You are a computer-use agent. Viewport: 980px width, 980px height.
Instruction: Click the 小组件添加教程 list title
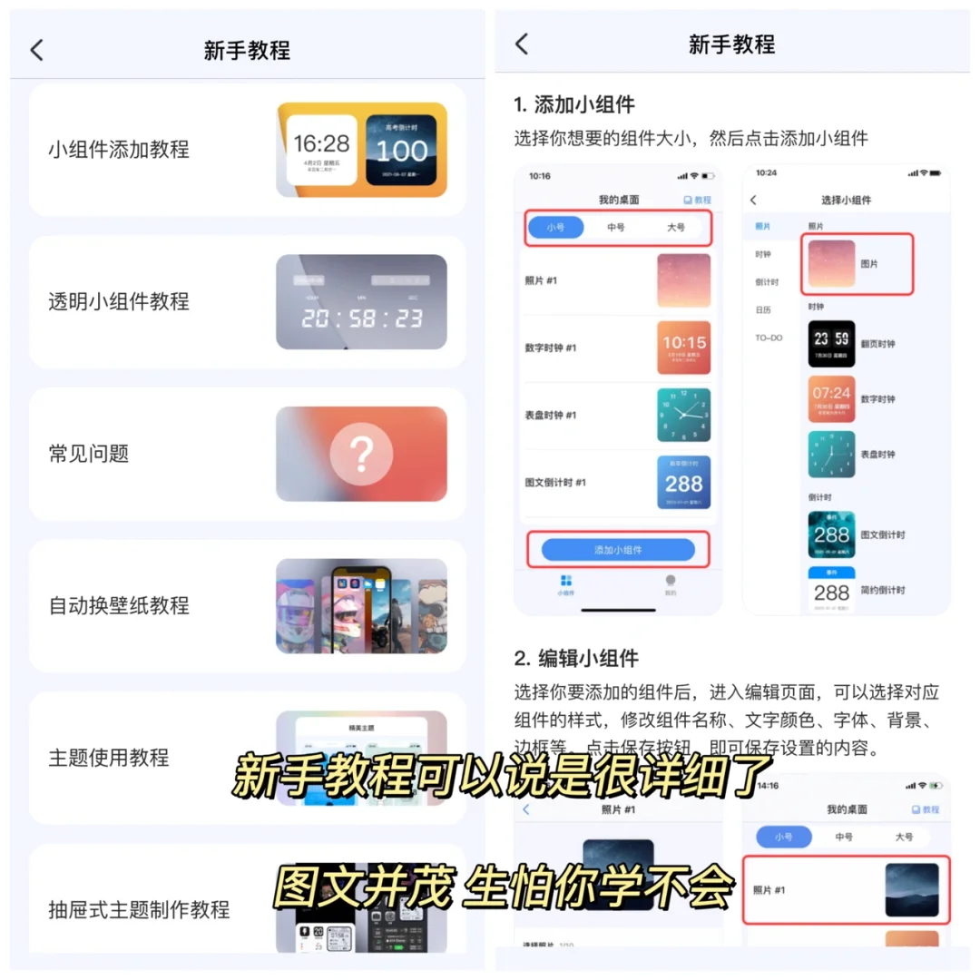(119, 150)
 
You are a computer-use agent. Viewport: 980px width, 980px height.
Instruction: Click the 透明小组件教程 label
(119, 301)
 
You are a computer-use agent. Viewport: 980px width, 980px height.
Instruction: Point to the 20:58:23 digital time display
(362, 318)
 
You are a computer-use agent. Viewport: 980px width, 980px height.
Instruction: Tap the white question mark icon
(361, 453)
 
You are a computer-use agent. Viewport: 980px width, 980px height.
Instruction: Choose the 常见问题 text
(89, 453)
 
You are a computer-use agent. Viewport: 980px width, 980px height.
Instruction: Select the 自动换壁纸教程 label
(119, 605)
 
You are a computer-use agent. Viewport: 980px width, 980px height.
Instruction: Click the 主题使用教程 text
(109, 757)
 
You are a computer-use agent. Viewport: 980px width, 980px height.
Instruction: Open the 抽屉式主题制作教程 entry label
(139, 909)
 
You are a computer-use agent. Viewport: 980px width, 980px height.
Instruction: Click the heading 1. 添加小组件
(574, 104)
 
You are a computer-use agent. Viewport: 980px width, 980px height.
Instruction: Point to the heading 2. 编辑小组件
(576, 659)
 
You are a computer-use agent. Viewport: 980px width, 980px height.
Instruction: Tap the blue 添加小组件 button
(618, 550)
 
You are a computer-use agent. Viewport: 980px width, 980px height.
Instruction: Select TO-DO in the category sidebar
(769, 338)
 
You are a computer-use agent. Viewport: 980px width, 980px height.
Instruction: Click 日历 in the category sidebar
(762, 309)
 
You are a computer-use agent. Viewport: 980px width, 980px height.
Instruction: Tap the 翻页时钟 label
(877, 345)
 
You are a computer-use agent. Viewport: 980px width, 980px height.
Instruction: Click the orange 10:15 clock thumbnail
(683, 348)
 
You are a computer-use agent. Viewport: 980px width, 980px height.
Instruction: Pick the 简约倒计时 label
(883, 591)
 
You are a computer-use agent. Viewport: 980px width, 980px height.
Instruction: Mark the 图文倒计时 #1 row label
(555, 483)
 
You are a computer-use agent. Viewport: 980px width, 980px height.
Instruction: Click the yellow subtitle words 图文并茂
(363, 887)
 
